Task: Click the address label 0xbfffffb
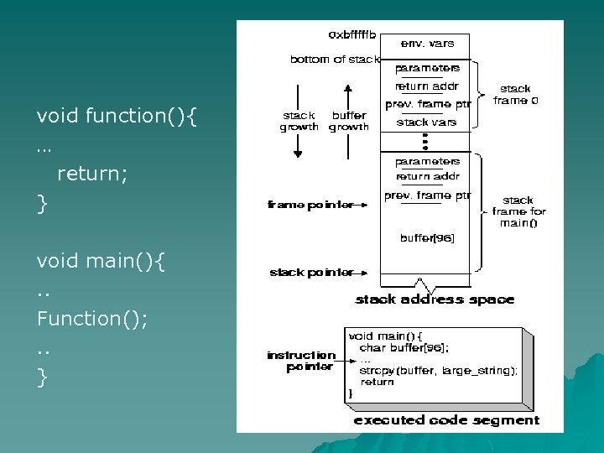(x=352, y=35)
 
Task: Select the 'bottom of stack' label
(x=335, y=60)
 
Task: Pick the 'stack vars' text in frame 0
(x=426, y=122)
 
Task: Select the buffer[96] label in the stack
(x=427, y=238)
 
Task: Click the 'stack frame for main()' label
(x=517, y=211)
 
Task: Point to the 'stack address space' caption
(x=435, y=299)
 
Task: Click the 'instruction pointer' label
(x=300, y=361)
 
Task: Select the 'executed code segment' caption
(x=446, y=419)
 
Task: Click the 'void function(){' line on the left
(x=117, y=115)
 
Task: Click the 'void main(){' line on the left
(x=101, y=261)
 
